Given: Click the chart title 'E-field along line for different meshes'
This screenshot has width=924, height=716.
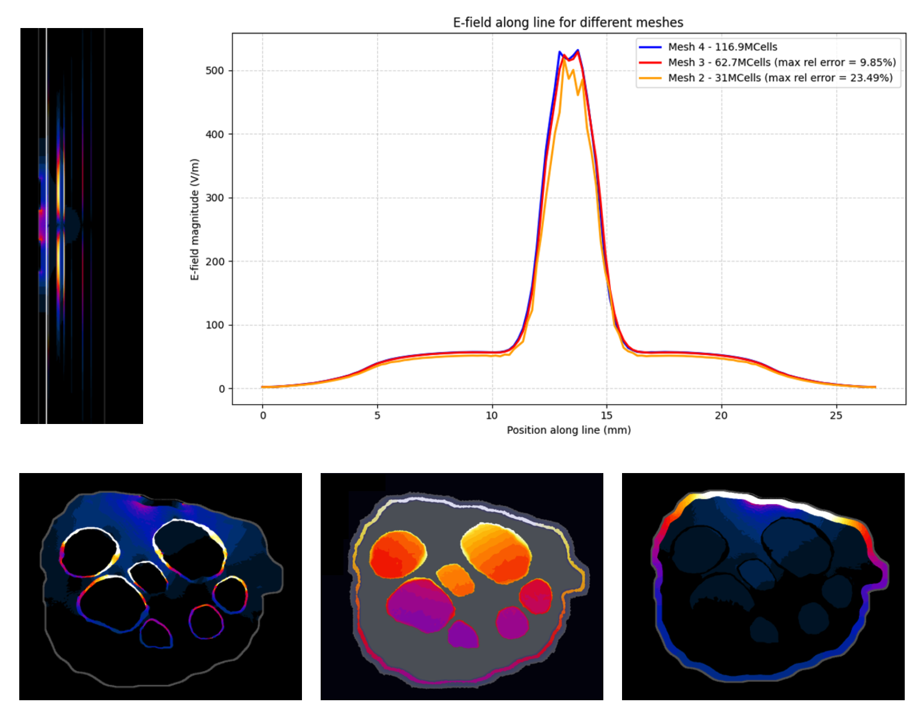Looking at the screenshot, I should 568,23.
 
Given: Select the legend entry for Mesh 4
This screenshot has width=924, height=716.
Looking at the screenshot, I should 722,47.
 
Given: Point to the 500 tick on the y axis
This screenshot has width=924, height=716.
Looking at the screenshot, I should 214,71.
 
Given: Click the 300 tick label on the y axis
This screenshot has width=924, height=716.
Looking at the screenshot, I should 214,198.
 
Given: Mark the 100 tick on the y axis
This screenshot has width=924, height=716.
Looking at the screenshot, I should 214,325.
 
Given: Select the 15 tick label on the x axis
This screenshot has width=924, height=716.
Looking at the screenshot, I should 606,415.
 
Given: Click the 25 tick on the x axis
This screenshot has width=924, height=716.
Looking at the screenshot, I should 836,415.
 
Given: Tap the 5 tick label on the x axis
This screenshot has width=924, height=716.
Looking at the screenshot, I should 377,415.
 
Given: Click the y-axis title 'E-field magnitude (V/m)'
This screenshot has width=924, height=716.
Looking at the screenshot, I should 195,220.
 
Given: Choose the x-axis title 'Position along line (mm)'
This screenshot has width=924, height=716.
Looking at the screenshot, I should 568,430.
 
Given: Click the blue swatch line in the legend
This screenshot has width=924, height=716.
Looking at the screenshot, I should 650,47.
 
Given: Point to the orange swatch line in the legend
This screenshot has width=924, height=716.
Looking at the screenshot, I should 650,78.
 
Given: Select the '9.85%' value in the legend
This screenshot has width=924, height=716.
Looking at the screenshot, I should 877,62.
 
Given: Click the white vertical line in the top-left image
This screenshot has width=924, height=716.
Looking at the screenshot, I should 47,225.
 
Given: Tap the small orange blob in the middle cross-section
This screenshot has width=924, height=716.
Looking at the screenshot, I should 456,579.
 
